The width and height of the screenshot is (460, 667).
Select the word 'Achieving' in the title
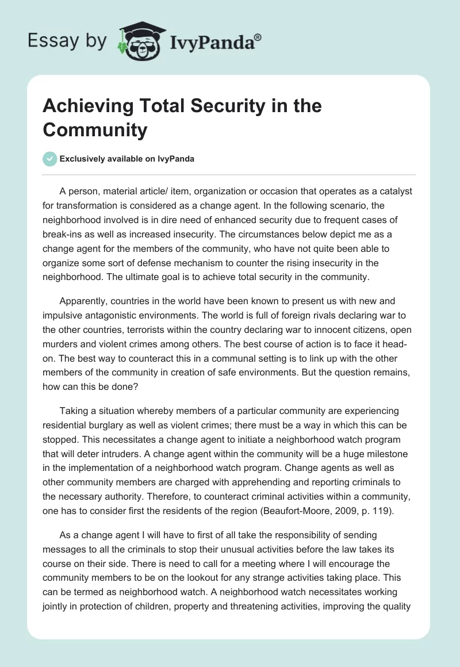pos(80,106)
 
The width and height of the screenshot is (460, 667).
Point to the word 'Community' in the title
pos(95,130)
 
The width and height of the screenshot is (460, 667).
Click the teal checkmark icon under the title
pos(49,159)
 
